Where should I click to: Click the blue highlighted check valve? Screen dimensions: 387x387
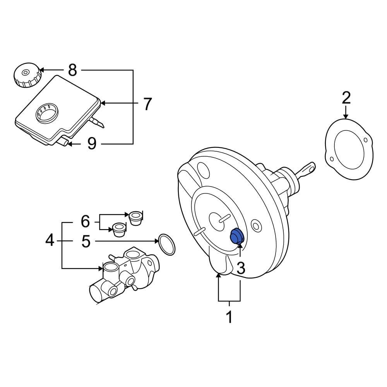click(236, 236)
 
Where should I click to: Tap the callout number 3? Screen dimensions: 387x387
click(240, 268)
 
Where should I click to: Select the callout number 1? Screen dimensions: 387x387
click(229, 317)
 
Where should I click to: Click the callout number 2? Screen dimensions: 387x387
click(346, 98)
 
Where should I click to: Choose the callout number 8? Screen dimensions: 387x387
click(72, 70)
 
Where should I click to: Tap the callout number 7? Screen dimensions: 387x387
click(147, 104)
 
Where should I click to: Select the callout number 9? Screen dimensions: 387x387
click(92, 144)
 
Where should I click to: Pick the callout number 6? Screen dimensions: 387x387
click(85, 222)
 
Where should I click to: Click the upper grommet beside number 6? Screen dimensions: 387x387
click(135, 217)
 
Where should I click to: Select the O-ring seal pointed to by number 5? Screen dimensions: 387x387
click(166, 245)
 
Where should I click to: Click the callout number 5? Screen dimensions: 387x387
click(86, 241)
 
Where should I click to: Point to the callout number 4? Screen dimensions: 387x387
click(50, 241)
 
